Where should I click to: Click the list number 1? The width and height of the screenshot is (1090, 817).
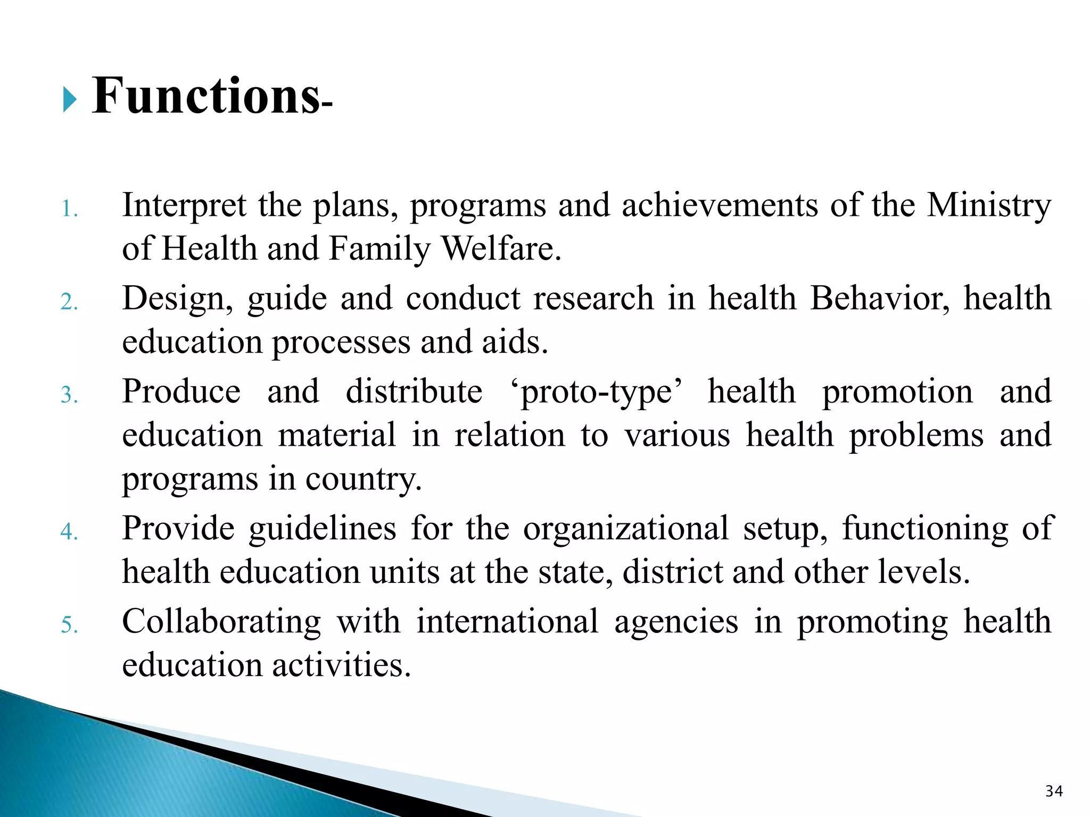pos(69,209)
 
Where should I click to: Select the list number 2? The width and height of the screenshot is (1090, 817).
pos(69,302)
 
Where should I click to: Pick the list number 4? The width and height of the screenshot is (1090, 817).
pos(69,531)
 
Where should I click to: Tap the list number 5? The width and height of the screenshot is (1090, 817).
pos(69,624)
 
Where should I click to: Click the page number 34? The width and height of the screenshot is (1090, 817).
pos(1054,791)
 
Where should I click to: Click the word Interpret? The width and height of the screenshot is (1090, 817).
pos(184,205)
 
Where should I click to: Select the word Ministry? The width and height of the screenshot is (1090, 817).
pos(989,205)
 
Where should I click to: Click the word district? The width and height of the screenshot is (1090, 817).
pos(672,572)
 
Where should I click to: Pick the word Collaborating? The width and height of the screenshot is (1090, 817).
pos(221,622)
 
